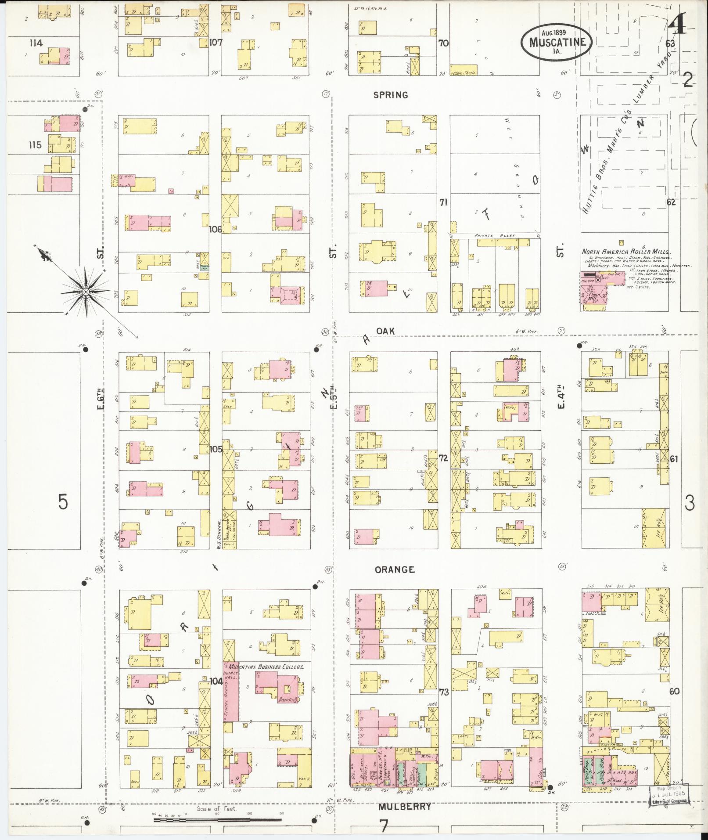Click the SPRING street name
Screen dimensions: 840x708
(391, 95)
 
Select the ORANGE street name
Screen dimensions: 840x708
(395, 570)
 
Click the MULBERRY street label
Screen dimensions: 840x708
(405, 806)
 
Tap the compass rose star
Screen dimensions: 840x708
(86, 292)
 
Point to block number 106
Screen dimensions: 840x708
(215, 229)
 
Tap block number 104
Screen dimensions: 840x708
(216, 681)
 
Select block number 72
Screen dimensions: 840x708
(443, 458)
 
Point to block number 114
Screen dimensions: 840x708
(36, 43)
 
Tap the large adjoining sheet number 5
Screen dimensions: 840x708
(63, 502)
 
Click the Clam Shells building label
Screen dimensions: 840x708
(464, 73)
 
